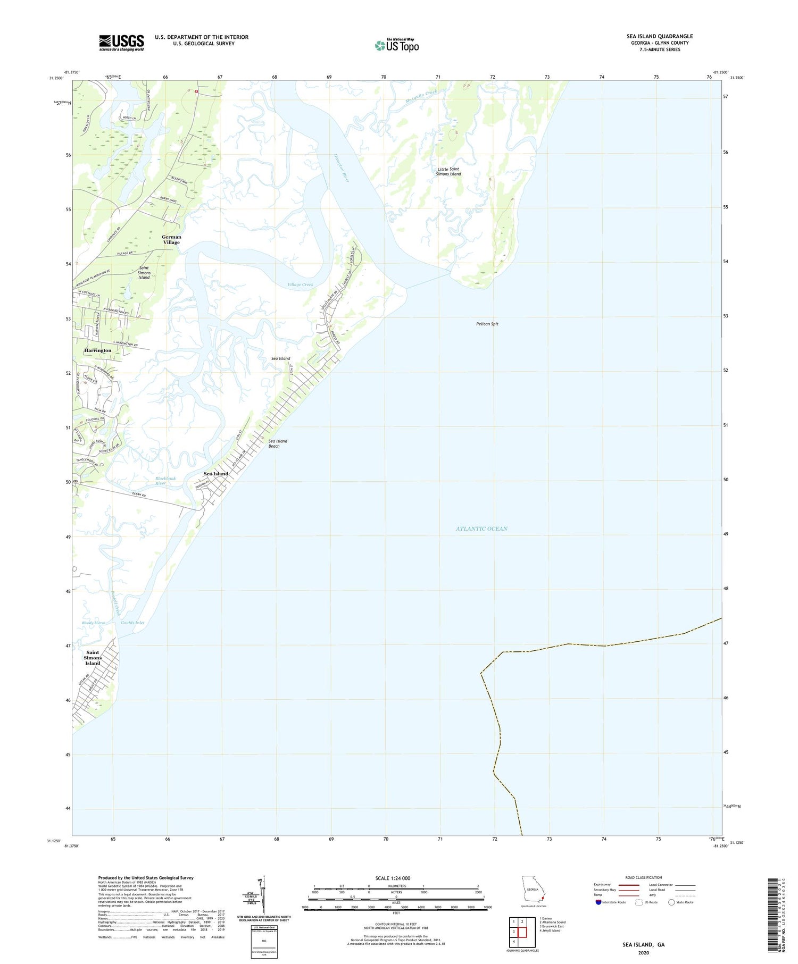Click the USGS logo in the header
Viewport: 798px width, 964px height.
point(121,43)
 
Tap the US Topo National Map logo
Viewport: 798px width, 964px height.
point(396,45)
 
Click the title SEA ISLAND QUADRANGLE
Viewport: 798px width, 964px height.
point(659,36)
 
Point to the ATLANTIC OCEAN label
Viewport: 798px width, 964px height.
point(481,529)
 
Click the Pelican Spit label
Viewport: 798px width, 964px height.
point(487,324)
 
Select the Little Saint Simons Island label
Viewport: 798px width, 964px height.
point(448,171)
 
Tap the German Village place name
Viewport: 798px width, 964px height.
point(171,239)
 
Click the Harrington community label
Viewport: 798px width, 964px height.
point(98,350)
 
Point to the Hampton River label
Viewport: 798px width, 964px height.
point(341,168)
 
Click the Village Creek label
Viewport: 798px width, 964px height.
point(301,284)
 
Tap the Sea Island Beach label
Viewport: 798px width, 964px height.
point(278,443)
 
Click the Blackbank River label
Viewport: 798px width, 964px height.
point(165,481)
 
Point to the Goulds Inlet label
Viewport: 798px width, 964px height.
point(132,623)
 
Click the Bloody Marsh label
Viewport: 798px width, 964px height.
point(94,623)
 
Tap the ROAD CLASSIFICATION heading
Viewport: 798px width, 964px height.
point(644,877)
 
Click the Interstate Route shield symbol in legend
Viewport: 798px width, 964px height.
point(598,902)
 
